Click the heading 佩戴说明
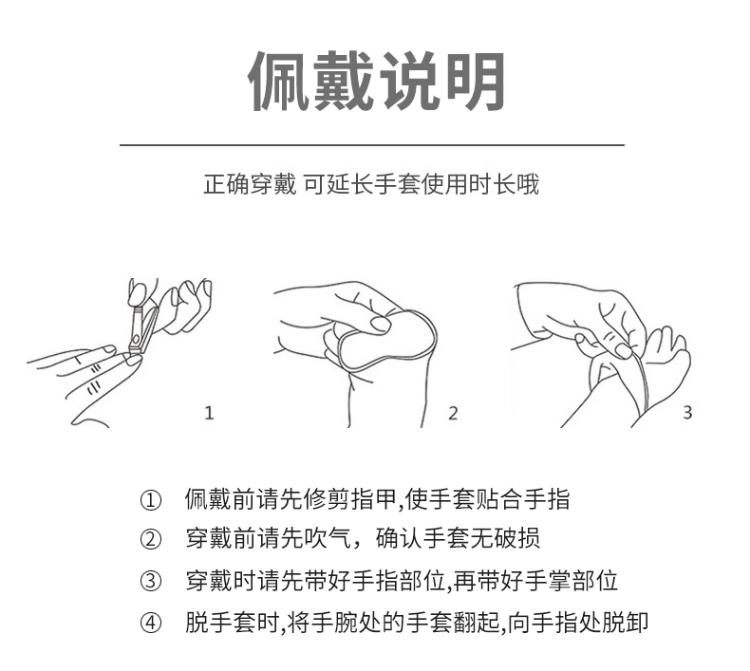pyautogui.click(x=375, y=81)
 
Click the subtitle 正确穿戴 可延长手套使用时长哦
pyautogui.click(x=371, y=184)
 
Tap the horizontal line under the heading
pyautogui.click(x=371, y=145)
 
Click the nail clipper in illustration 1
pyautogui.click(x=139, y=328)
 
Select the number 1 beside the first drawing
pyautogui.click(x=210, y=413)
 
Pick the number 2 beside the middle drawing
pyautogui.click(x=453, y=413)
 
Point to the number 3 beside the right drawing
pyautogui.click(x=687, y=413)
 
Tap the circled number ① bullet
pyautogui.click(x=151, y=500)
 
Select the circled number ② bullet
pyautogui.click(x=151, y=540)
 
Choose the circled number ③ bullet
pyautogui.click(x=151, y=581)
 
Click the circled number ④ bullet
pyautogui.click(x=151, y=623)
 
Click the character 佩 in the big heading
pyautogui.click(x=279, y=81)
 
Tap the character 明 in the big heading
pyautogui.click(x=472, y=81)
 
